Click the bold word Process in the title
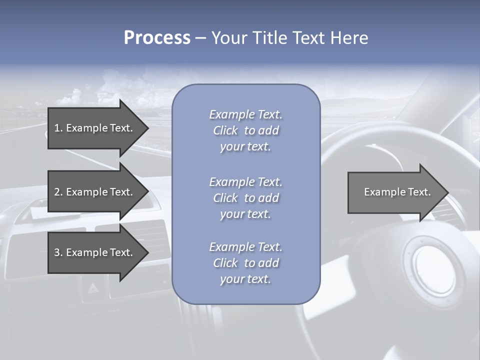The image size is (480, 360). click(157, 38)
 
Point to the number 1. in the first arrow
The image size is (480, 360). click(58, 128)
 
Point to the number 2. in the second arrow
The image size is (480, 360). click(58, 192)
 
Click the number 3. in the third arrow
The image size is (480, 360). click(58, 253)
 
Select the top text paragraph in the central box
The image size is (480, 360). click(245, 130)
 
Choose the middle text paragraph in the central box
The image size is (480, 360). click(245, 198)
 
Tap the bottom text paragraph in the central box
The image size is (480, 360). click(245, 263)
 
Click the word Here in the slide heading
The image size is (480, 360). click(349, 38)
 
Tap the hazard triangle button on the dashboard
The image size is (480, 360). click(92, 288)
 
